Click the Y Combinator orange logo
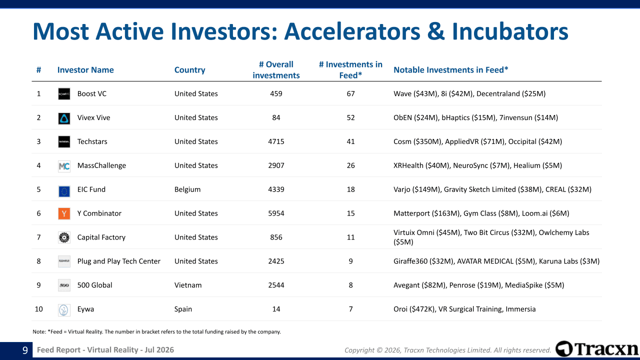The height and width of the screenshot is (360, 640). coord(64,213)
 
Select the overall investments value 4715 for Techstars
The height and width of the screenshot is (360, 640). coord(276,141)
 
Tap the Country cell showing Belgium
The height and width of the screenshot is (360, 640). coord(187,189)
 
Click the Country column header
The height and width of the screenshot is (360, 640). coord(189,70)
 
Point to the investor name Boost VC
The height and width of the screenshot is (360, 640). coord(91,93)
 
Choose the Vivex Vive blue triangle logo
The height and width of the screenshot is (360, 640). coord(64,118)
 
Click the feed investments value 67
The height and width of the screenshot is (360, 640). coord(350,93)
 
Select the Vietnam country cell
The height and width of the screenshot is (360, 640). coord(188,285)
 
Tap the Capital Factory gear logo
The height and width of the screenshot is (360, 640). coord(64,237)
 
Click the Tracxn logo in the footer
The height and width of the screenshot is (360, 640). coord(596,349)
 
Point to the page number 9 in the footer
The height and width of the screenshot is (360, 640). coord(25,350)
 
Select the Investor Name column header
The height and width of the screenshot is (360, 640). coord(85,70)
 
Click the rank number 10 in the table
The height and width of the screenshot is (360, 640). coord(38,309)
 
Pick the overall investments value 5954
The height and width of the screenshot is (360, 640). coord(276,213)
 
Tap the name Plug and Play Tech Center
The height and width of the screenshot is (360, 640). coord(119,261)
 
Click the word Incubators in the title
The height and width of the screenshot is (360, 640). coord(510,31)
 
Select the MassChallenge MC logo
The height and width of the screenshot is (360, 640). coord(64,165)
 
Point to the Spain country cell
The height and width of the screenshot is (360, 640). coord(183,309)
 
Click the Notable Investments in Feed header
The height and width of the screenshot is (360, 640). coord(451,70)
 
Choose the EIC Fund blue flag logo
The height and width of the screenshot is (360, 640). coord(64,191)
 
